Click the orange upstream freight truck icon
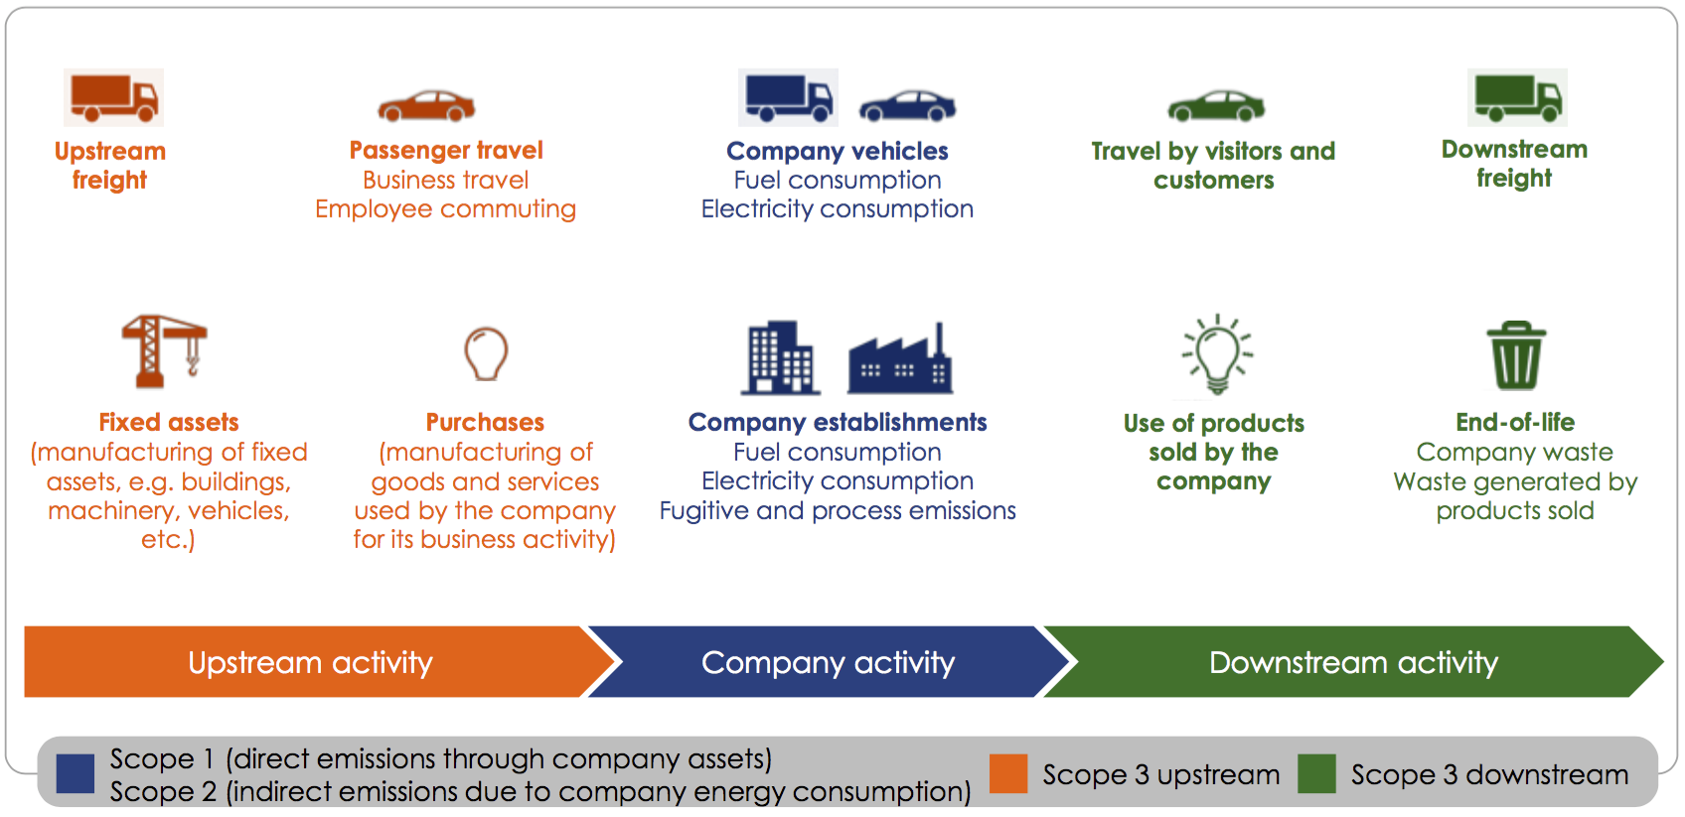[x=113, y=97]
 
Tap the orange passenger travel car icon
[x=426, y=106]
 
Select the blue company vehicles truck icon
[x=788, y=97]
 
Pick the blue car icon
[x=907, y=106]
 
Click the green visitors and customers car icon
[x=1216, y=106]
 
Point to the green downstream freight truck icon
[x=1517, y=97]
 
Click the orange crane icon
[x=164, y=351]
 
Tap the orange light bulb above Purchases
[x=486, y=353]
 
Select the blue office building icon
[x=781, y=357]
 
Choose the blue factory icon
[x=900, y=360]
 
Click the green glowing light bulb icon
[x=1217, y=354]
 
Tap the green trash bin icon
[x=1516, y=355]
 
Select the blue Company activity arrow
[x=828, y=661]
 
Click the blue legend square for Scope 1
[x=76, y=773]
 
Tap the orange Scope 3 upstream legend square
[x=1008, y=773]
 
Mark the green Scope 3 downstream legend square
[x=1316, y=773]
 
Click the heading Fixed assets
[x=169, y=423]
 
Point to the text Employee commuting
[x=445, y=208]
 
